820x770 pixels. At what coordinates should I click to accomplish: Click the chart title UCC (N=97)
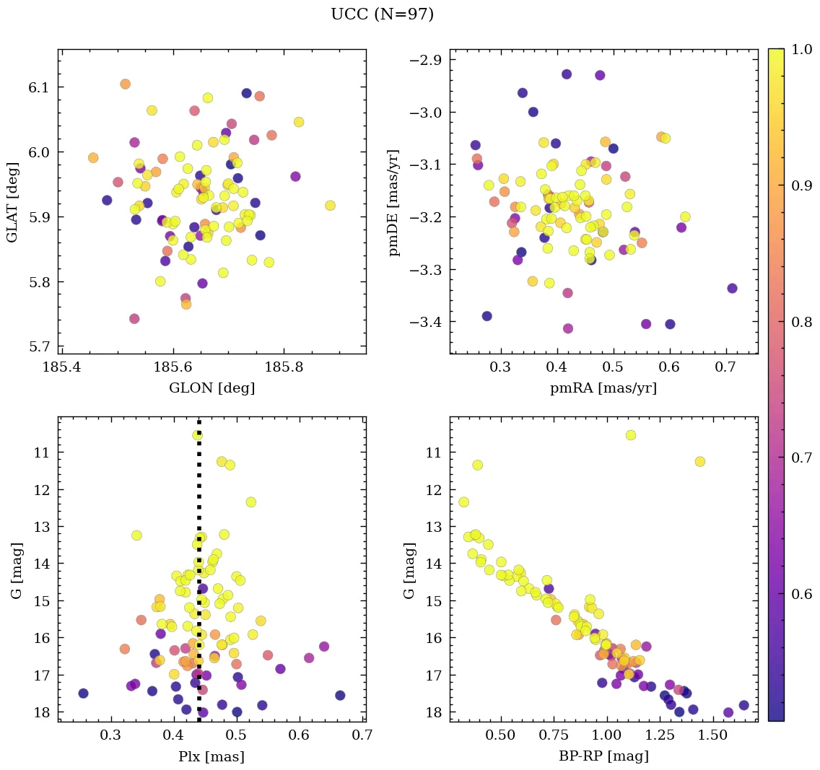[382, 14]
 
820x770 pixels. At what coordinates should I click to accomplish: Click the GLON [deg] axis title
[211, 388]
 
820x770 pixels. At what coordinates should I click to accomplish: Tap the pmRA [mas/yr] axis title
[603, 388]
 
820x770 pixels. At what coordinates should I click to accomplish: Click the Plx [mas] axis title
[211, 756]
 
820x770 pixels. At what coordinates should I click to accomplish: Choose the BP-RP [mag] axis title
[603, 756]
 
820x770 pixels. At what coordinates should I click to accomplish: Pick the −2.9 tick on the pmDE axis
[425, 60]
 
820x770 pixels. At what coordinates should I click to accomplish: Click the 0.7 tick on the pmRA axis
[725, 368]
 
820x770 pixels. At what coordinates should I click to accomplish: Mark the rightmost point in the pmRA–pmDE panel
[732, 288]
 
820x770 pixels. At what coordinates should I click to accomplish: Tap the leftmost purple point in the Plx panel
[83, 694]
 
